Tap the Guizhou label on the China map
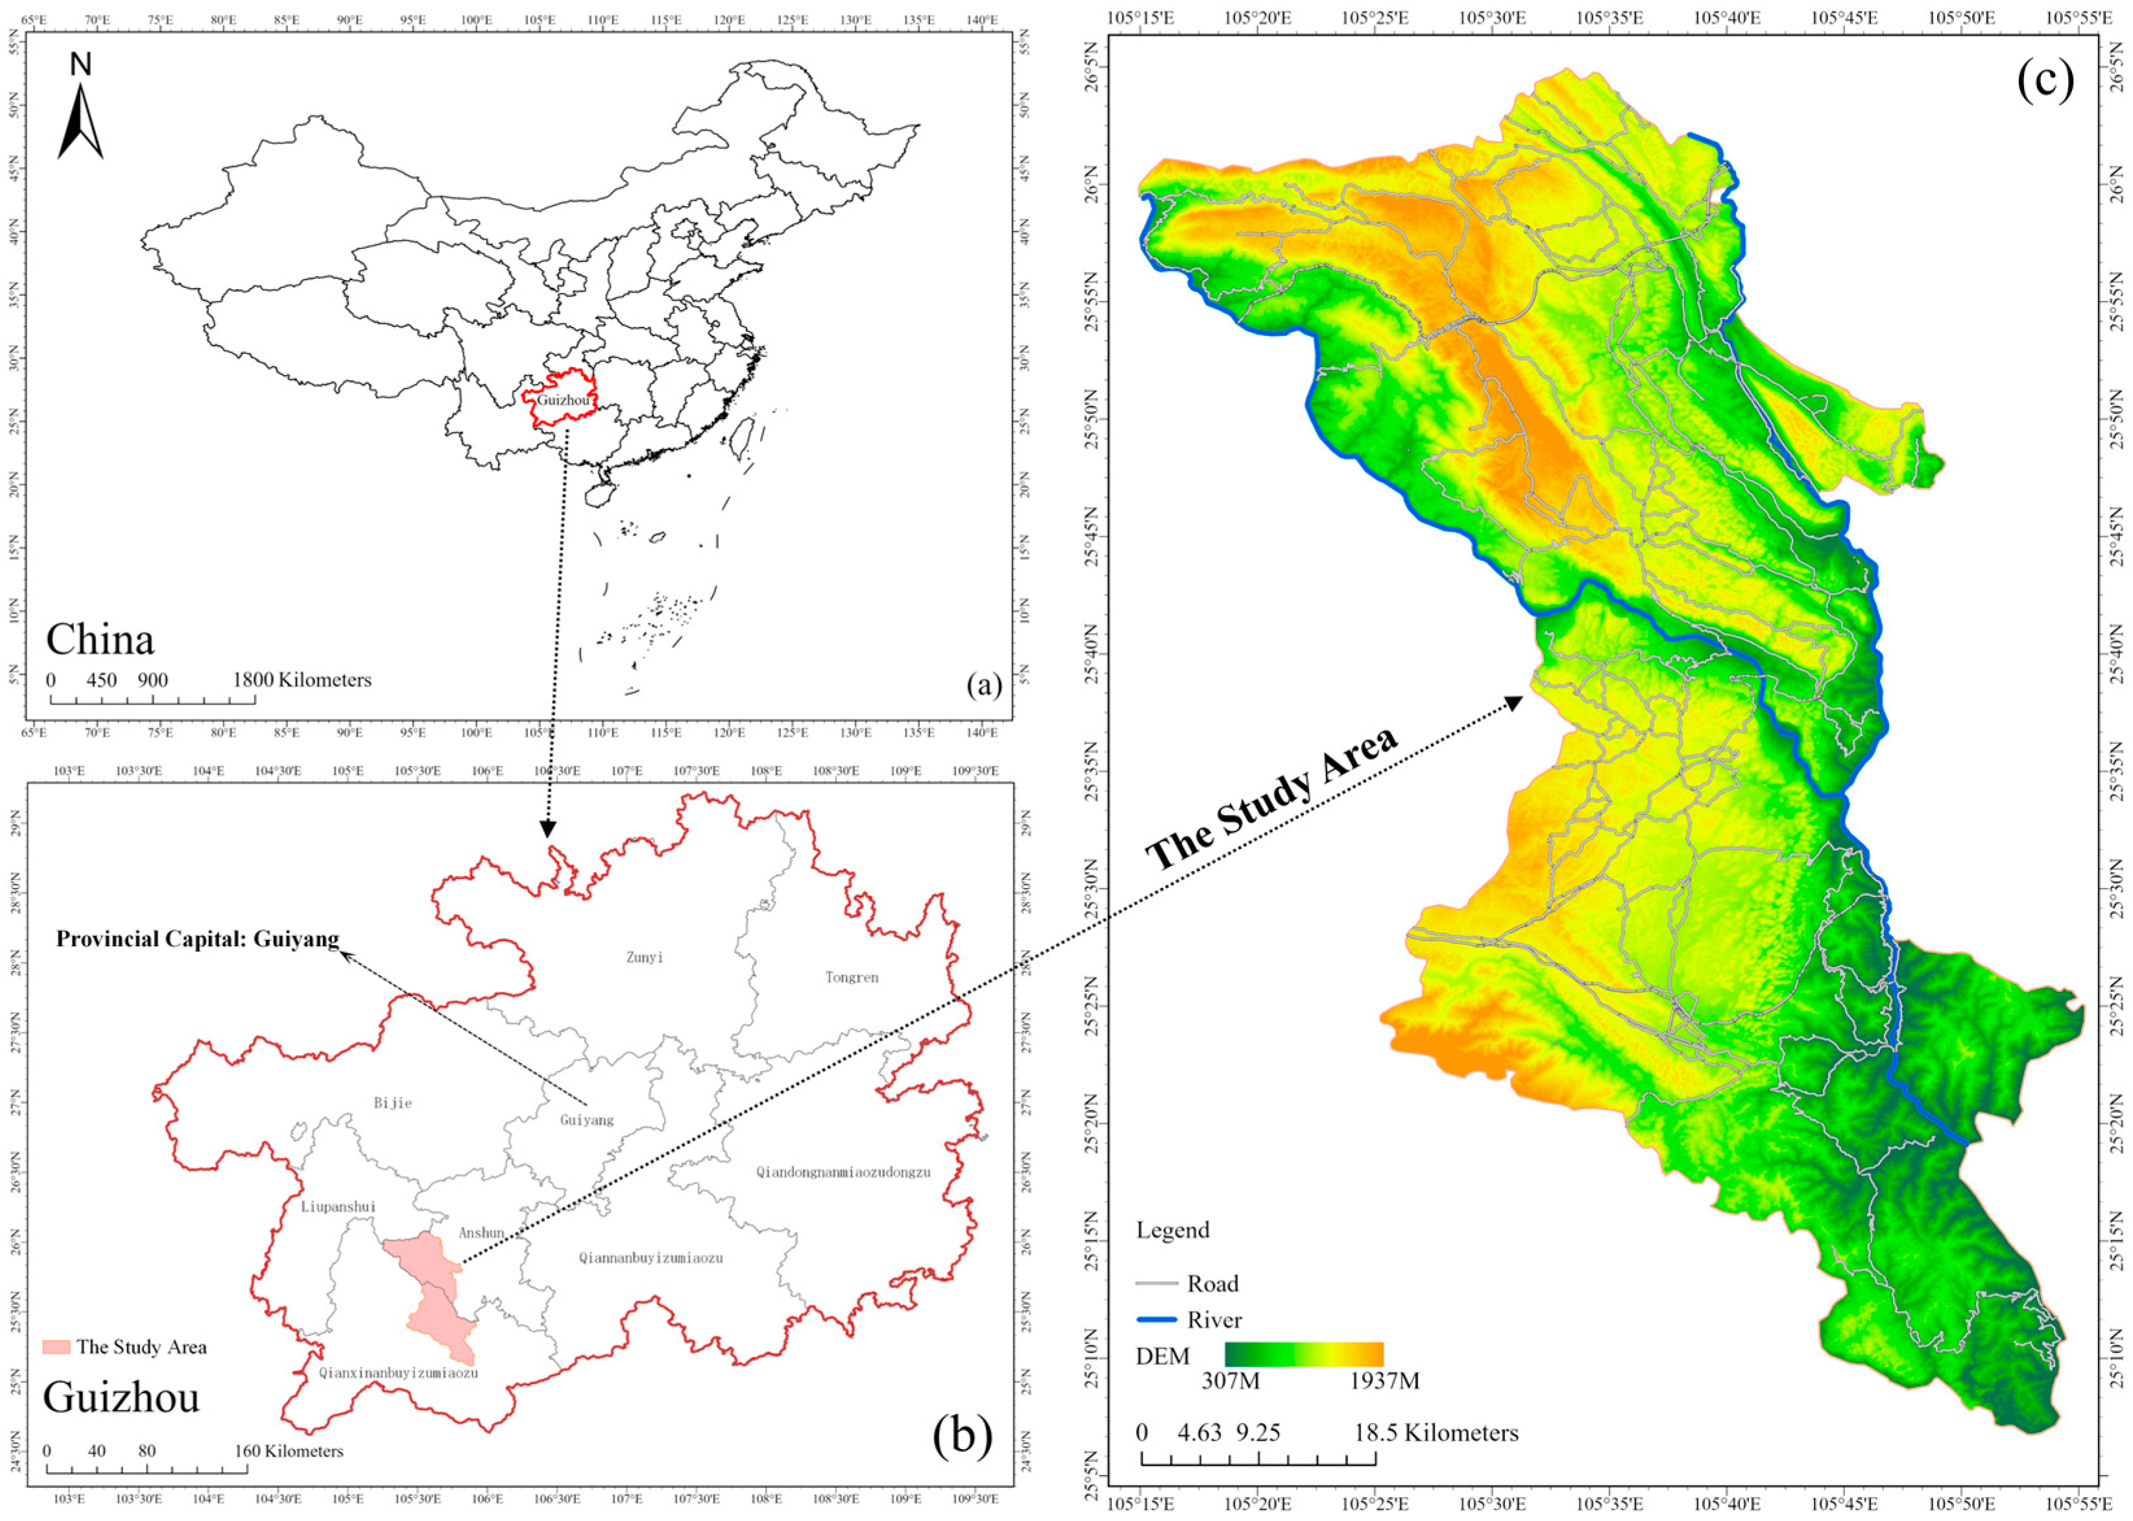[x=563, y=400]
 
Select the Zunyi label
[x=644, y=957]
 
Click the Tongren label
[x=852, y=977]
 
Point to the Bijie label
[x=392, y=1103]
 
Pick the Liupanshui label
[x=337, y=1206]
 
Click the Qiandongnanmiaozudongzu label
[x=843, y=1171]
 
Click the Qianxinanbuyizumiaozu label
[x=398, y=1373]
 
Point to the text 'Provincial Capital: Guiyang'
[x=198, y=939]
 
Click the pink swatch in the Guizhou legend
[x=56, y=1347]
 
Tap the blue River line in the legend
[x=1156, y=1320]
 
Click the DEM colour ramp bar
[x=1303, y=1354]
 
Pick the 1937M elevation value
[x=1384, y=1380]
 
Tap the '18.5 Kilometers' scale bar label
[x=1435, y=1433]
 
